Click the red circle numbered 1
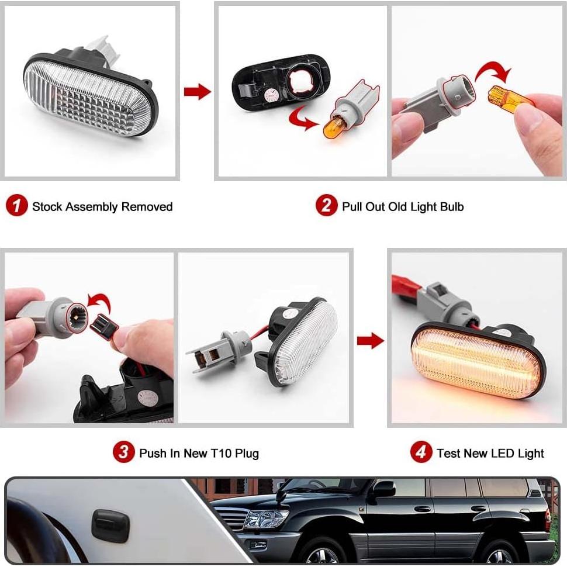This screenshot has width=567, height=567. coord(17,206)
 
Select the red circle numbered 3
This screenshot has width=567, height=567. coord(124,452)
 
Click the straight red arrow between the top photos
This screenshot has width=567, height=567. coord(197,92)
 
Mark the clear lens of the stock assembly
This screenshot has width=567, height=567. coord(88,96)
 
